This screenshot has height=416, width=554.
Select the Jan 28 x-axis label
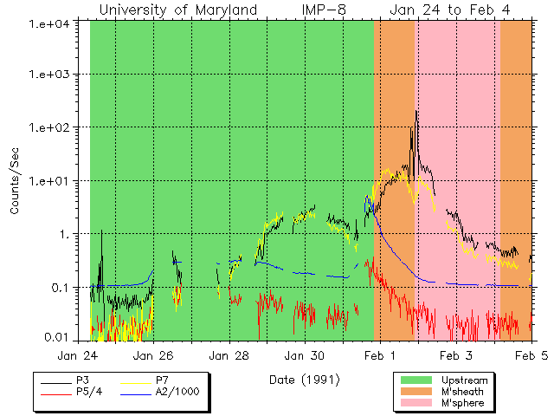(x=229, y=354)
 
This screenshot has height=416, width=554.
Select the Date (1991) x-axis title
(x=304, y=379)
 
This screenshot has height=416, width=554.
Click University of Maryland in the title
(x=177, y=10)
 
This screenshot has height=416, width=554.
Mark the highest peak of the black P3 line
(x=416, y=111)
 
